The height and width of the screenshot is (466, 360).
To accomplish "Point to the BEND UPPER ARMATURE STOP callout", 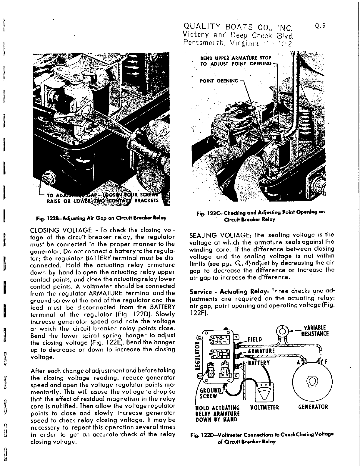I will click(x=236, y=61).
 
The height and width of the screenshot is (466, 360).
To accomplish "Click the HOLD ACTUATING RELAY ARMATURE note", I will click(x=217, y=413).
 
